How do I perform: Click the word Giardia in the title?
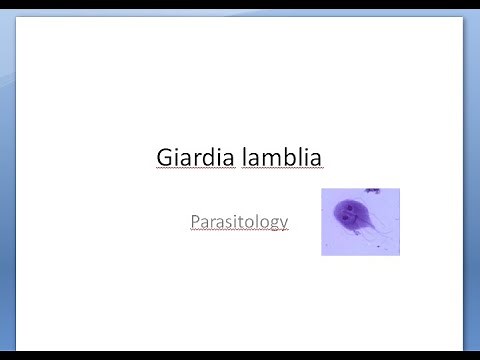[193, 157]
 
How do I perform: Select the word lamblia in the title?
[280, 157]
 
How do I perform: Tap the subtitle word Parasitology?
[239, 220]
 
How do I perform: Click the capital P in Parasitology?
[195, 219]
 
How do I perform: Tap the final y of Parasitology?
[284, 223]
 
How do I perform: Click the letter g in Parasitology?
[273, 223]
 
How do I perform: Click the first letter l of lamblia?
[240, 156]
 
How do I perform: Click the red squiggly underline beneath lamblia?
[280, 171]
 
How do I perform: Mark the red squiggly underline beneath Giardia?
[193, 171]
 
